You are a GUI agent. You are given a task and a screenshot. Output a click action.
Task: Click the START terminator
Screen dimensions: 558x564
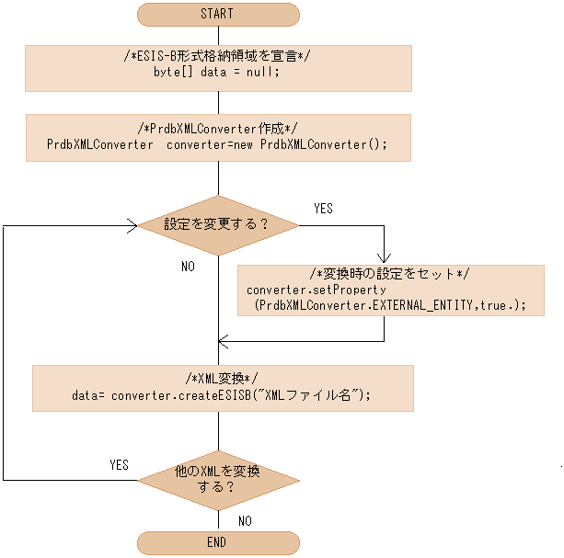point(217,14)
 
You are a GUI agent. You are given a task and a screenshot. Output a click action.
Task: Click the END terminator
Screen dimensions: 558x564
point(217,542)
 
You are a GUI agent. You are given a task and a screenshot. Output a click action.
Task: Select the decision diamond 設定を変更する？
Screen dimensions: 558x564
point(218,224)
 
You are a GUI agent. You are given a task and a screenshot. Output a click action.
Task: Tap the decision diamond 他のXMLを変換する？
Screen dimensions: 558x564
point(218,479)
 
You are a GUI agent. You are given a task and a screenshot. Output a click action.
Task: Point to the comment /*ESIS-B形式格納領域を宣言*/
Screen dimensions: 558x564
point(217,56)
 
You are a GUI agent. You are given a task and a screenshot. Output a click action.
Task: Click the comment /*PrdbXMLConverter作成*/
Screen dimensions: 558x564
point(217,128)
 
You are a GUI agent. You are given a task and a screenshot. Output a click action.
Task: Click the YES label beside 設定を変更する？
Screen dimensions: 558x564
point(323,209)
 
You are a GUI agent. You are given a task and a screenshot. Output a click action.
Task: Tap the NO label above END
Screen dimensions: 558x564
point(245,520)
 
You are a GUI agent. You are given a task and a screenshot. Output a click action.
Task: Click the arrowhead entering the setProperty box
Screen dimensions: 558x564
point(385,258)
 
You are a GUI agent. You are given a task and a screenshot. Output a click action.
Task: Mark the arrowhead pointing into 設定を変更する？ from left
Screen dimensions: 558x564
point(132,224)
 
